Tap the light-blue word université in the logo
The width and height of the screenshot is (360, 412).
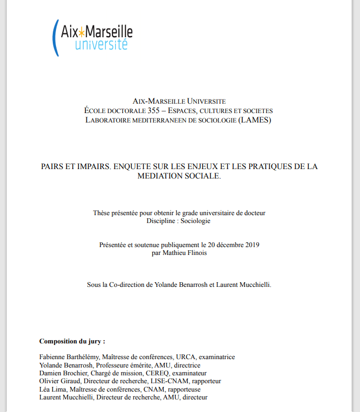101,44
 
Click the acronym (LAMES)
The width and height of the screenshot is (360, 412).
255,120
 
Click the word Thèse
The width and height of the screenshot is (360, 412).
103,213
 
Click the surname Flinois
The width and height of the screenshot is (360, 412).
196,253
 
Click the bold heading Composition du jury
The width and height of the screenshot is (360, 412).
72,341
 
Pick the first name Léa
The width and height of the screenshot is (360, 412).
45,389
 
